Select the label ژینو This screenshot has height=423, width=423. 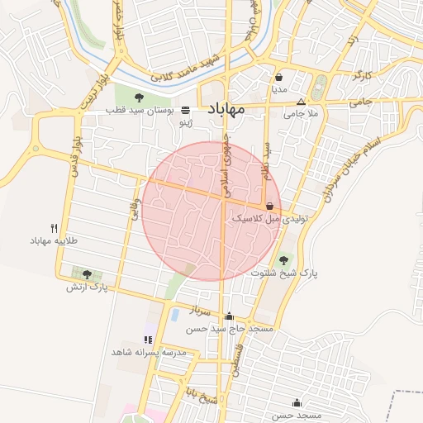click(x=188, y=123)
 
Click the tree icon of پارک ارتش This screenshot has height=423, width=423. click(x=87, y=274)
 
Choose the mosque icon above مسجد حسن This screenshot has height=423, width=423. click(x=297, y=402)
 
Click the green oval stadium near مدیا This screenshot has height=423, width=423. click(x=320, y=85)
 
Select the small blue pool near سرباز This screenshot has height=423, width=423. click(x=174, y=314)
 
